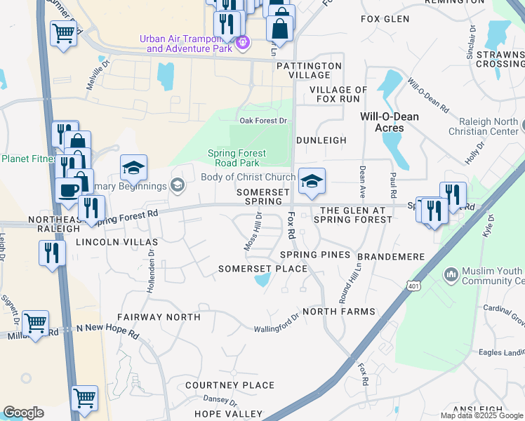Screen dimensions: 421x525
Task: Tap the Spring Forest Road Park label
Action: click(x=237, y=158)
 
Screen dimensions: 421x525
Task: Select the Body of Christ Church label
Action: click(x=248, y=177)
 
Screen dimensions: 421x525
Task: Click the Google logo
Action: click(x=23, y=413)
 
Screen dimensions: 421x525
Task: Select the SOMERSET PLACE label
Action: click(x=262, y=269)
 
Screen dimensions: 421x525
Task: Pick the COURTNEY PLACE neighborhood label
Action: click(x=230, y=385)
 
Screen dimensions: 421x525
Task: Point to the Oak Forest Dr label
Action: click(x=264, y=121)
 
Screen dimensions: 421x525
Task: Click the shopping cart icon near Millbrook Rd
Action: click(x=34, y=323)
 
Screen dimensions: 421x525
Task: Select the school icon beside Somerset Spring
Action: click(x=312, y=180)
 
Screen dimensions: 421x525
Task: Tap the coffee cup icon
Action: click(x=69, y=190)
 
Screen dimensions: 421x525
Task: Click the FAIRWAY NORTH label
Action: click(x=159, y=317)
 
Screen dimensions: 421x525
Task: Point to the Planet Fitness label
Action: click(x=28, y=159)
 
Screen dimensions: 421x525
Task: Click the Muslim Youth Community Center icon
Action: click(x=451, y=272)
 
